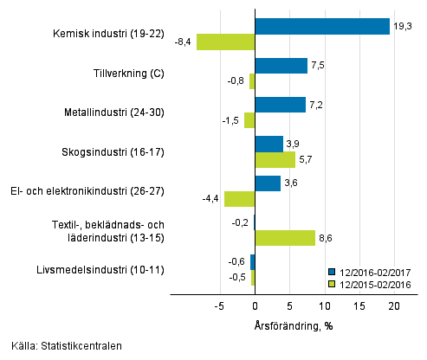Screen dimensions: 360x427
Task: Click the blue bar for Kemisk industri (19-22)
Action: (322, 26)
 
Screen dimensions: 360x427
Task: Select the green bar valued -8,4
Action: (225, 42)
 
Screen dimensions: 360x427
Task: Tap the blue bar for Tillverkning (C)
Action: (281, 66)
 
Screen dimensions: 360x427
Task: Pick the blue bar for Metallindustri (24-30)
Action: (280, 105)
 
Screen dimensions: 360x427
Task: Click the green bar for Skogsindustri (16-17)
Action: (275, 159)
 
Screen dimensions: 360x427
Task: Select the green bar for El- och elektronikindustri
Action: (239, 199)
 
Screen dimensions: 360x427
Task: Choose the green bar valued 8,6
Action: (285, 238)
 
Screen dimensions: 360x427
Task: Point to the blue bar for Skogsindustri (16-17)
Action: (268, 144)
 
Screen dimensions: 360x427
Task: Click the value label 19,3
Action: (402, 27)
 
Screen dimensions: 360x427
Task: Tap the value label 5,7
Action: (306, 159)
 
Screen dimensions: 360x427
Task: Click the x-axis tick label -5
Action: (220, 305)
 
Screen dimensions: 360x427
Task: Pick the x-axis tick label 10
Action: (325, 305)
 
